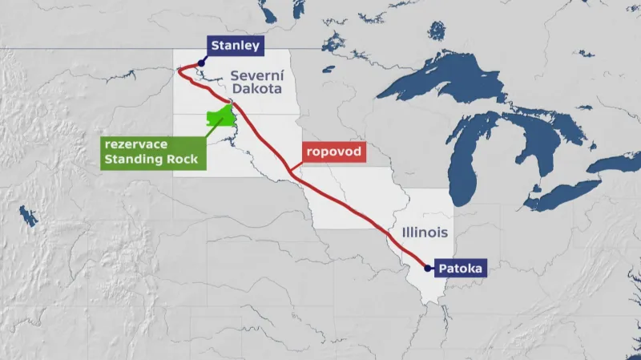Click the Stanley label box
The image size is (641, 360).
click(x=235, y=47)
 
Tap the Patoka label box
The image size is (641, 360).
click(x=461, y=269)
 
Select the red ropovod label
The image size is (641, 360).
click(x=333, y=152)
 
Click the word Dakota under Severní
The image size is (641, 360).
click(x=252, y=91)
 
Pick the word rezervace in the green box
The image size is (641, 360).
click(x=135, y=144)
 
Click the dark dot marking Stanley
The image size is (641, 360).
click(x=202, y=62)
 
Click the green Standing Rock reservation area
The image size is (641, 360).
click(x=220, y=117)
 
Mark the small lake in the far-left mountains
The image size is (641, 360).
click(x=29, y=216)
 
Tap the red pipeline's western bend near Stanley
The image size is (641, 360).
click(x=179, y=71)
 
